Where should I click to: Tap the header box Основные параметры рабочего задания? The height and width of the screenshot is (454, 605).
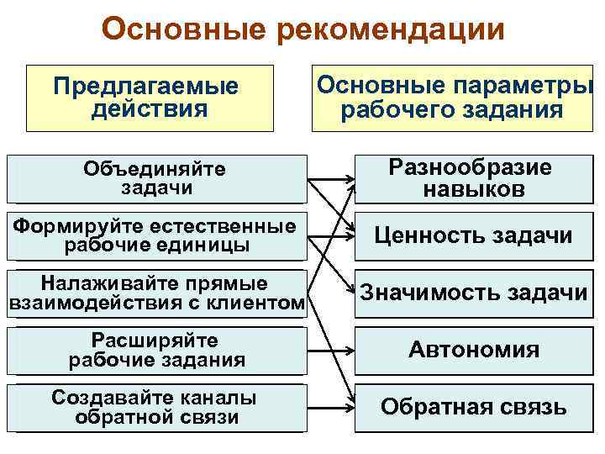click(452, 98)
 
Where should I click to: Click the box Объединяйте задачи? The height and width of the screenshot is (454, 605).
click(155, 179)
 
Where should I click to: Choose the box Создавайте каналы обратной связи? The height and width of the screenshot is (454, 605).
click(155, 408)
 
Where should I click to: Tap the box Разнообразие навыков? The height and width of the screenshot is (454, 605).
click(470, 179)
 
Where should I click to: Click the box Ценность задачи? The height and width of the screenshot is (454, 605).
click(470, 236)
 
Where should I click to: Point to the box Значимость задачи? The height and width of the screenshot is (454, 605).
click(470, 293)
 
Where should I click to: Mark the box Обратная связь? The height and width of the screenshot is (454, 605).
click(470, 408)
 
